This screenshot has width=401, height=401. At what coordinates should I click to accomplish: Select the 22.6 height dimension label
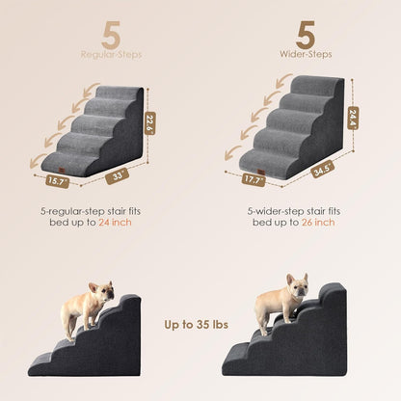pos(149,123)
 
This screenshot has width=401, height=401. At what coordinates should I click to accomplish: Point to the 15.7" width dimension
pos(58,180)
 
